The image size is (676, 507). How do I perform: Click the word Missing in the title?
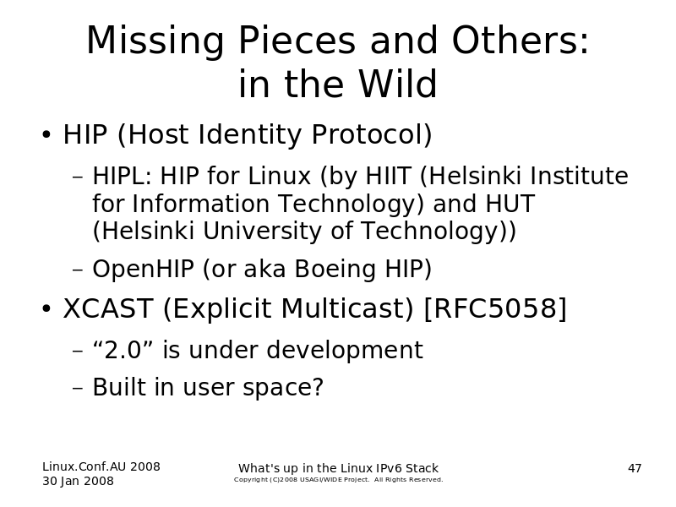tap(155, 41)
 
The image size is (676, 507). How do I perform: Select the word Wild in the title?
tap(397, 84)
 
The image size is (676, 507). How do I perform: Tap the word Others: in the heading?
tap(520, 40)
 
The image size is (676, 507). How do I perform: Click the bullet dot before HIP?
tap(46, 134)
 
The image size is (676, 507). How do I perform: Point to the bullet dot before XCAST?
tap(46, 308)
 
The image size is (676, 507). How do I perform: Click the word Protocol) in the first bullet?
tap(372, 134)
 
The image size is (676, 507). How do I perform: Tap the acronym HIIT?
tap(388, 176)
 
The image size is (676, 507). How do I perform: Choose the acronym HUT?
tap(510, 204)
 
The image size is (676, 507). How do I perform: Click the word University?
tap(262, 231)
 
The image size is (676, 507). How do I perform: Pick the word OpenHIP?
tap(143, 269)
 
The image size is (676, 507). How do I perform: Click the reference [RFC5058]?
tap(496, 308)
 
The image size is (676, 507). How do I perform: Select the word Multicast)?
tap(348, 308)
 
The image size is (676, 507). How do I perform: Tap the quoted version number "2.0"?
tap(123, 349)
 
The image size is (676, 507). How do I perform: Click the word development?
tap(345, 350)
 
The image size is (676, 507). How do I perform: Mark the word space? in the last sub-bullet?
tap(283, 387)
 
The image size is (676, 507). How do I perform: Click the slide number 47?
tap(635, 468)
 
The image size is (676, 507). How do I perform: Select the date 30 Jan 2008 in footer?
tap(78, 481)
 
